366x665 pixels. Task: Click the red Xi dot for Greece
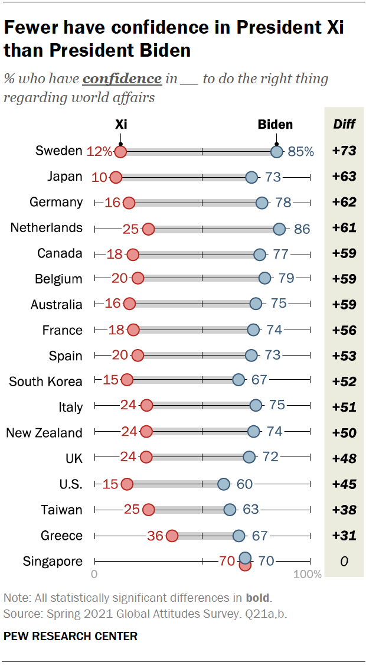coord(172,536)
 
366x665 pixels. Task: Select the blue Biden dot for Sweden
coord(276,151)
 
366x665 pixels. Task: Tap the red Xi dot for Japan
coord(116,177)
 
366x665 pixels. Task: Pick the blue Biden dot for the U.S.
coord(223,484)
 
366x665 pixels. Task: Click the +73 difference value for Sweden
coord(344,151)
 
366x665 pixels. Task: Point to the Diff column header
coord(344,124)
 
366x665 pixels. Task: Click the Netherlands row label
coord(47,228)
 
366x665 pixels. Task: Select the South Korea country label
coord(45,382)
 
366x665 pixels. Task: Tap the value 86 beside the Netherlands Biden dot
coord(302,229)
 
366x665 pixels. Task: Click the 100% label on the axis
coord(308,574)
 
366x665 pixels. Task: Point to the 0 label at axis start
coord(94,574)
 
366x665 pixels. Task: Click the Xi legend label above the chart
coord(120,124)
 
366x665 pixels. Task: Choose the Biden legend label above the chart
coord(275,124)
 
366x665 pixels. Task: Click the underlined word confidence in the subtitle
coord(122,79)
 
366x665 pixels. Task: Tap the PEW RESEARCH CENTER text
coord(70,636)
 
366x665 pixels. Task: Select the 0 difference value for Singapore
coord(344,561)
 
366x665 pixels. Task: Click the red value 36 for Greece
coord(155,536)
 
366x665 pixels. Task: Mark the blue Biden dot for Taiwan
coord(230,510)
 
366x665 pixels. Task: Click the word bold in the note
coord(259,598)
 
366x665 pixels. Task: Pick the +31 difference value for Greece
coord(344,536)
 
